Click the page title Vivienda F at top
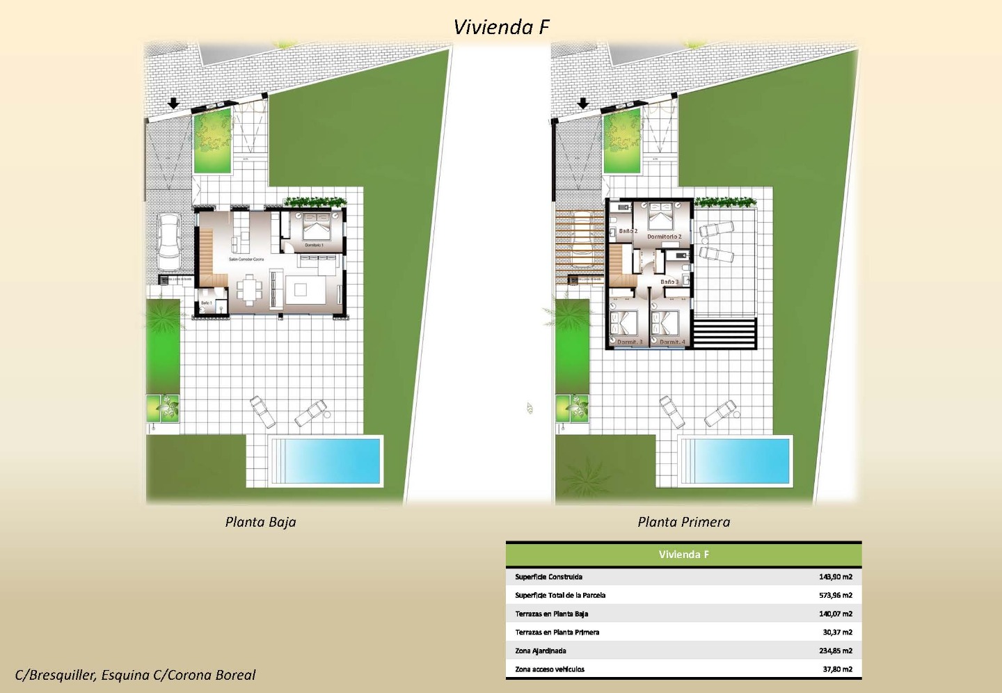coord(501,27)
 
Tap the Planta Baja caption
coord(260,522)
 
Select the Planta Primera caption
coord(683,522)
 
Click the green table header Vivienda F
coord(683,555)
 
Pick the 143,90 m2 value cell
coord(835,577)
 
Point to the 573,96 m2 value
coord(835,596)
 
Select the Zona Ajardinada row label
coord(541,651)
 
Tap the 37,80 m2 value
coord(837,669)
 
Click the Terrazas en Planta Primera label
coord(557,632)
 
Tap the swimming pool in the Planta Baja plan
coord(326,460)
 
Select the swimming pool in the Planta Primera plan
coord(736,460)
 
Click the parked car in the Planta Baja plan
coord(169,241)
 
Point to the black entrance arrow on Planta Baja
coord(173,104)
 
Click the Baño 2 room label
coord(628,231)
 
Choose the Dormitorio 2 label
coord(664,237)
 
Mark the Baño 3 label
coord(669,282)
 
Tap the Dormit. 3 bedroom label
coord(630,342)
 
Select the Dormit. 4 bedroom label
coord(671,342)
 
